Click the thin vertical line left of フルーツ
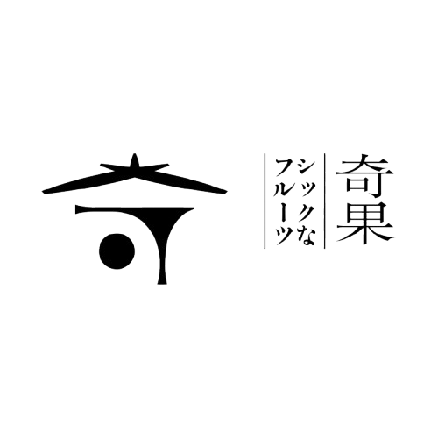click(265, 201)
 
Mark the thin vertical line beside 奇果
click(325, 201)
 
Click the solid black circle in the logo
click(117, 251)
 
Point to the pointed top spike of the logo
click(134, 154)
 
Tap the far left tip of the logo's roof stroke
click(43, 192)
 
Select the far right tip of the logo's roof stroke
click(226, 192)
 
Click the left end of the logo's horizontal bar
click(76, 209)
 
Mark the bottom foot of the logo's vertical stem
click(162, 283)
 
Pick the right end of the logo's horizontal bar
click(193, 208)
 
